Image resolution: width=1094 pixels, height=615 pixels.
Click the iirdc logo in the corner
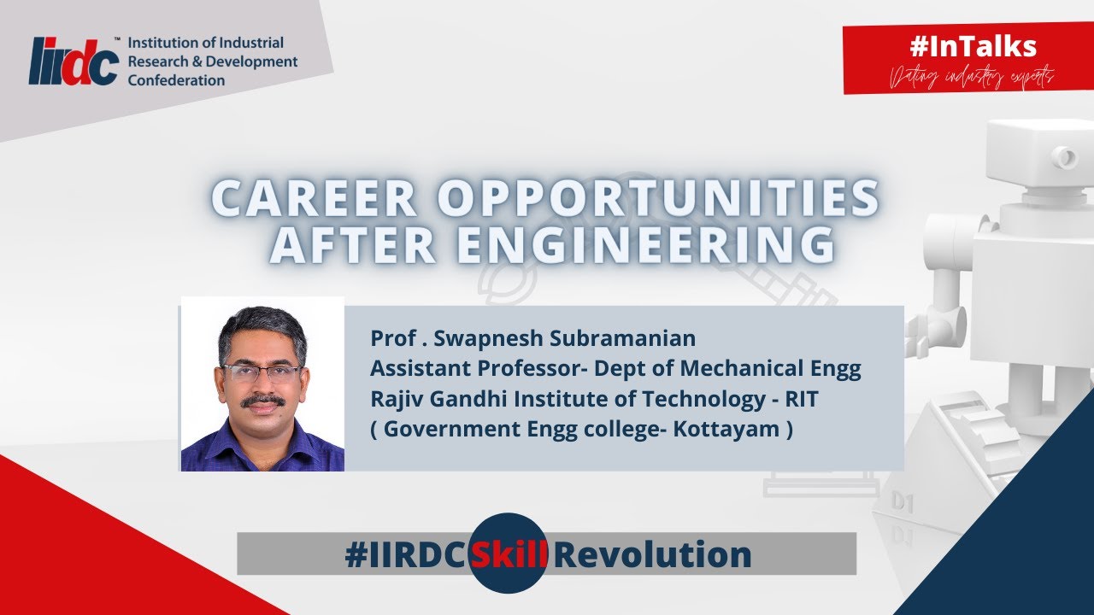[x=73, y=61]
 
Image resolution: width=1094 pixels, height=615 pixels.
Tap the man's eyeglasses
[x=262, y=372]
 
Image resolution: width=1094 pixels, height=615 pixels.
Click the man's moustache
[x=262, y=400]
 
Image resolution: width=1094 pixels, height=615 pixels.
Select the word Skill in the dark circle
[x=509, y=554]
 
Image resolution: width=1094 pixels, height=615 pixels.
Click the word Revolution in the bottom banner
[x=653, y=554]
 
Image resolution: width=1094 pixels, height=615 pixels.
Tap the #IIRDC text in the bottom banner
[x=406, y=554]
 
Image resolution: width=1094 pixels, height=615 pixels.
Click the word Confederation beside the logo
[x=176, y=80]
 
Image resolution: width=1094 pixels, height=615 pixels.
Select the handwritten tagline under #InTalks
[x=972, y=77]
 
